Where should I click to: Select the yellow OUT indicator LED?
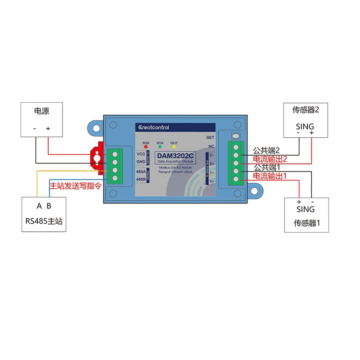coord(174,147)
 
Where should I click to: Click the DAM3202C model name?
coord(174,156)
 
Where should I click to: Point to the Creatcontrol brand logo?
coord(153,127)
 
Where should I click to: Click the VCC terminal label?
coord(141,153)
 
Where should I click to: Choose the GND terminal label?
coord(141,161)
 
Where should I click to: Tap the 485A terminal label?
coord(141,171)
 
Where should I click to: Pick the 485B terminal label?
coord(141,179)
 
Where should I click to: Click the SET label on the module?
coord(210,137)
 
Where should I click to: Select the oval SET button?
coord(235,136)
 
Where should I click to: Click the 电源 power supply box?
coord(42,119)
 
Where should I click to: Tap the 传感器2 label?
coord(306,110)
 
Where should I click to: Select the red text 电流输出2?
coord(270,159)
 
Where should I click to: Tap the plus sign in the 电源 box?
coord(48,128)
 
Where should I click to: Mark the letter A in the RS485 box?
coord(39,206)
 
